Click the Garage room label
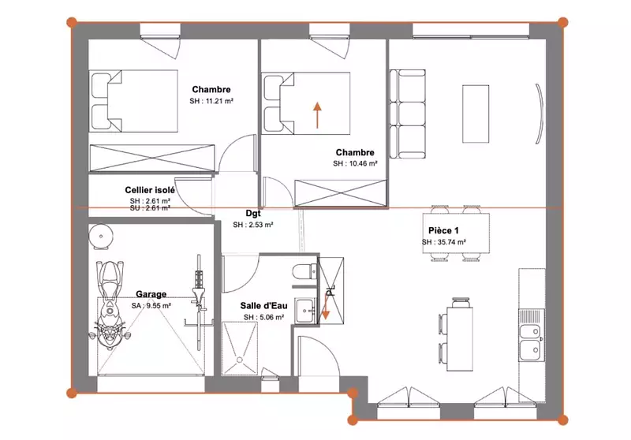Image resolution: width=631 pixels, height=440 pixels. click(151, 294)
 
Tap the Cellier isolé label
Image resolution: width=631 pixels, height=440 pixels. click(150, 190)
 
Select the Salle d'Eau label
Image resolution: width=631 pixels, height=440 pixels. click(264, 306)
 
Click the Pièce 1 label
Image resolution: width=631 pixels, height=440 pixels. click(443, 230)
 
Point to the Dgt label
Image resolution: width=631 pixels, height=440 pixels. click(253, 214)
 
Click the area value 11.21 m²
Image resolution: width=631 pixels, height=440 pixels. click(219, 101)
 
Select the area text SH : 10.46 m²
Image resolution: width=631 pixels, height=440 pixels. click(355, 164)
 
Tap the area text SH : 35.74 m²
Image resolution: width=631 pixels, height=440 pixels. click(444, 242)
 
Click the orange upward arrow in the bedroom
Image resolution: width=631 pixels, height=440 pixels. click(318, 115)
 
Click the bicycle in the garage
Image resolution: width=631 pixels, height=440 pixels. click(198, 302)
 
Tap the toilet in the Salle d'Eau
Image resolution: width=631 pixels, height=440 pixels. click(304, 271)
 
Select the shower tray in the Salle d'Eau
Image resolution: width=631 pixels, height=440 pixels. click(240, 349)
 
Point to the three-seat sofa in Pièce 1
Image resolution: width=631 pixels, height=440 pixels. click(407, 114)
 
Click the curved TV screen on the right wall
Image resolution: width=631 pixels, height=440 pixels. click(540, 114)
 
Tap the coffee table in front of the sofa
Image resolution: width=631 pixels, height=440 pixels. click(476, 114)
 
